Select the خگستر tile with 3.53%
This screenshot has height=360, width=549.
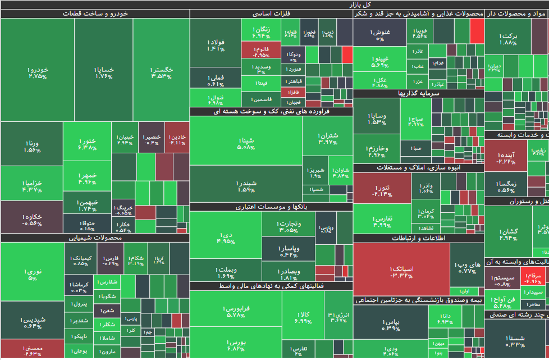tap(162, 71)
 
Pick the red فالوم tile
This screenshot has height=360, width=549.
tap(261, 51)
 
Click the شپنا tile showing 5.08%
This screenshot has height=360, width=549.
tap(246, 144)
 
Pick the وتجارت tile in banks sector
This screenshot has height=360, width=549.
tap(289, 226)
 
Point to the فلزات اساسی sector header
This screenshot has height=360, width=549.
tap(272, 13)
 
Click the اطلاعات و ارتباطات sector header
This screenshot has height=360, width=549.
tap(418, 238)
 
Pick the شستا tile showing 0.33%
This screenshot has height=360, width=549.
tap(515, 340)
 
